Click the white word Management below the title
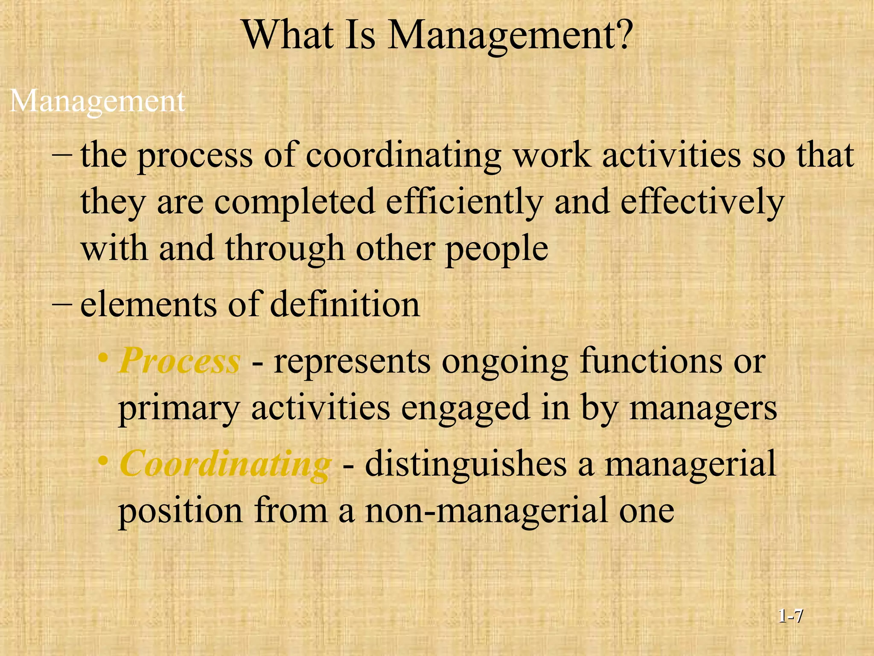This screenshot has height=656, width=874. click(97, 102)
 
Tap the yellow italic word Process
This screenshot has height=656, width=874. click(180, 361)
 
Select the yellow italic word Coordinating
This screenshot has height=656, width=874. click(225, 465)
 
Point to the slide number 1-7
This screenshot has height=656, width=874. click(790, 616)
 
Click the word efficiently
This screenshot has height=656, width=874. click(464, 202)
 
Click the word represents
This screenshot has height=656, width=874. click(352, 361)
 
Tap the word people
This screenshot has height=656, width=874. click(497, 249)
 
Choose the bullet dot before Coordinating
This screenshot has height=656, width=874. click(102, 461)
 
